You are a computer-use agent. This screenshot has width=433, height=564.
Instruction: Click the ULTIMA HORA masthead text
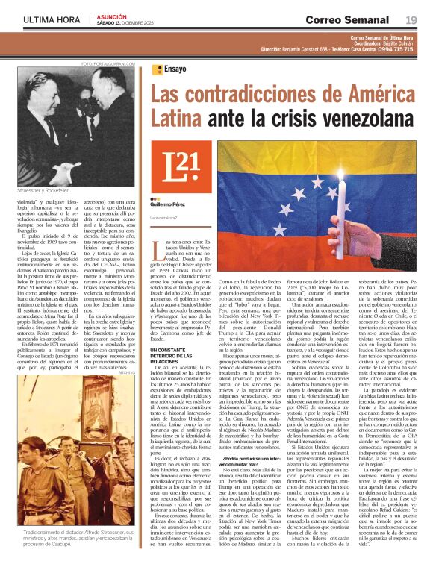[x=50, y=19]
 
